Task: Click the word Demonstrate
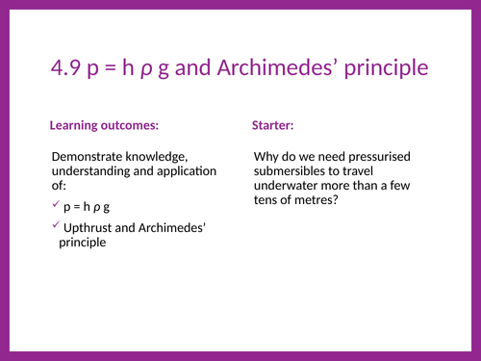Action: [91, 157]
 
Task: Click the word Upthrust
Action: [90, 228]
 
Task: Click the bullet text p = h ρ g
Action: [87, 207]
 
